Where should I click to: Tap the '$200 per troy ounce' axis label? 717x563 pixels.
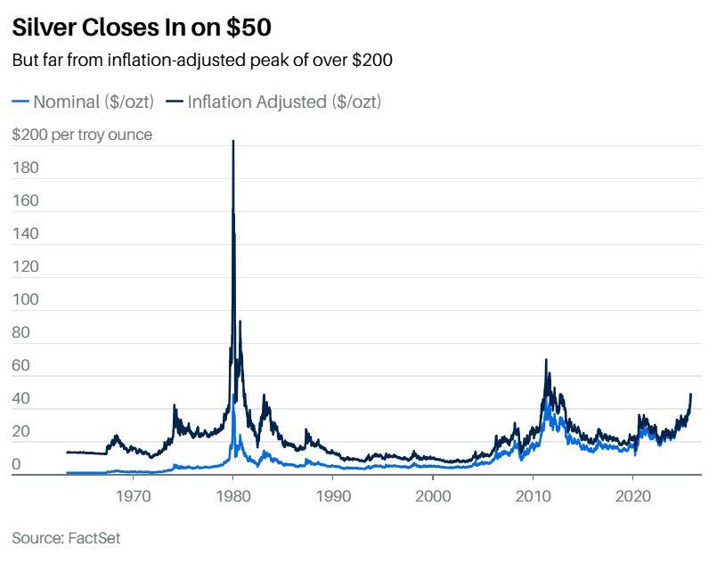click(x=82, y=135)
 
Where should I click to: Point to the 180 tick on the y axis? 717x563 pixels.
click(x=25, y=167)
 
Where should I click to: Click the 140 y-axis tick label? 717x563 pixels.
click(x=25, y=233)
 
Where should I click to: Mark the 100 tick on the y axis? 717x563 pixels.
click(x=25, y=299)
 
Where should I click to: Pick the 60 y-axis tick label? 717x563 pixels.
click(x=21, y=365)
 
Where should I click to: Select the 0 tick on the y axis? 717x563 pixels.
click(x=17, y=464)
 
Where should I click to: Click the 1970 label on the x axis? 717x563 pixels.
click(x=133, y=493)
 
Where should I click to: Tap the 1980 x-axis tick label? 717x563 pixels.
click(x=232, y=493)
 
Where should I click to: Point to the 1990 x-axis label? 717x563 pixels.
click(x=332, y=493)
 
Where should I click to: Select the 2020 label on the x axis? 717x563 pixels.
click(x=632, y=493)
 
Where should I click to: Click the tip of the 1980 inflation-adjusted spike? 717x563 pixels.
click(x=233, y=141)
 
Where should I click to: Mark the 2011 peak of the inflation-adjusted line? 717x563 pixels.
click(x=546, y=360)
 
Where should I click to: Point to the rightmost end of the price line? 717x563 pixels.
click(x=691, y=394)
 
